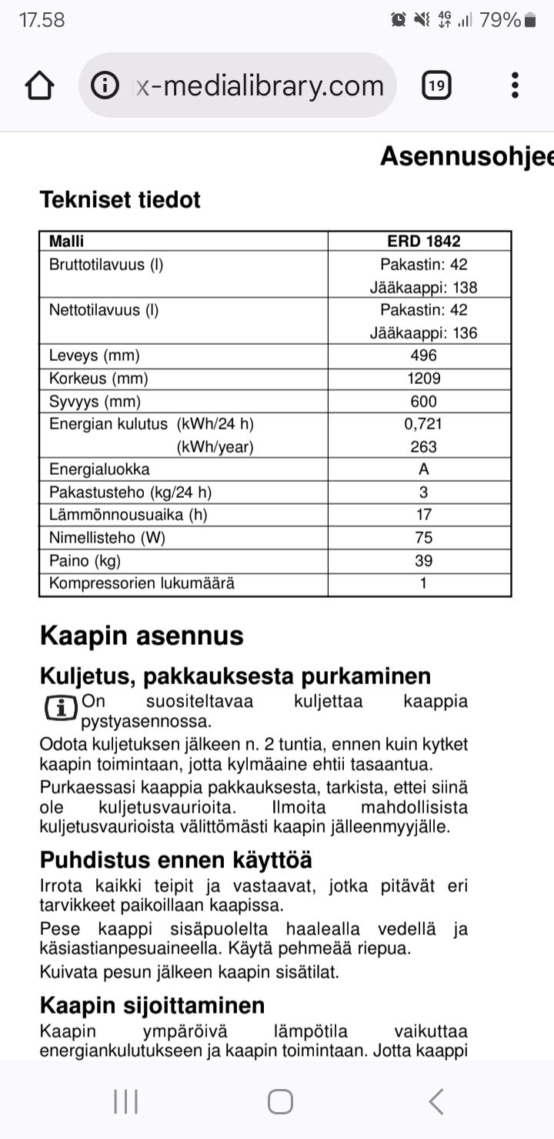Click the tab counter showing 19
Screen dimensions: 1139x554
pyautogui.click(x=436, y=85)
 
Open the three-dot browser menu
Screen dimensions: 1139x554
pyautogui.click(x=515, y=85)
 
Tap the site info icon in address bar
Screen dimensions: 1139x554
pyautogui.click(x=105, y=85)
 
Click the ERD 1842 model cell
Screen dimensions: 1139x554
pyautogui.click(x=423, y=241)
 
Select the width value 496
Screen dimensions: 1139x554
pyautogui.click(x=423, y=356)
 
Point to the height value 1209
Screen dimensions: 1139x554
pyautogui.click(x=423, y=379)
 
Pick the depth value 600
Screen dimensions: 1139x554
pyautogui.click(x=423, y=401)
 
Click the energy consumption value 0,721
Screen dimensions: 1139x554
pyautogui.click(x=423, y=424)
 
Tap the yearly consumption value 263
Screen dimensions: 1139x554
pyautogui.click(x=423, y=446)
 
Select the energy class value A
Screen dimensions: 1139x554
pyautogui.click(x=423, y=469)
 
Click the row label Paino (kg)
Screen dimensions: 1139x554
pyautogui.click(x=85, y=560)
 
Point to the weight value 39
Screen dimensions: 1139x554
pyautogui.click(x=423, y=560)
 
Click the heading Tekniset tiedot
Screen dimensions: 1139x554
pyautogui.click(x=120, y=200)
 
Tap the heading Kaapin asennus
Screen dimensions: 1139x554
pyautogui.click(x=142, y=636)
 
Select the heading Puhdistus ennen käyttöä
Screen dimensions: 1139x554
pyautogui.click(x=176, y=860)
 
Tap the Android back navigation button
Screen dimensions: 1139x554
pyautogui.click(x=436, y=1102)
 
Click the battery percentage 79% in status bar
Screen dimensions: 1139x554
pyautogui.click(x=500, y=21)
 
